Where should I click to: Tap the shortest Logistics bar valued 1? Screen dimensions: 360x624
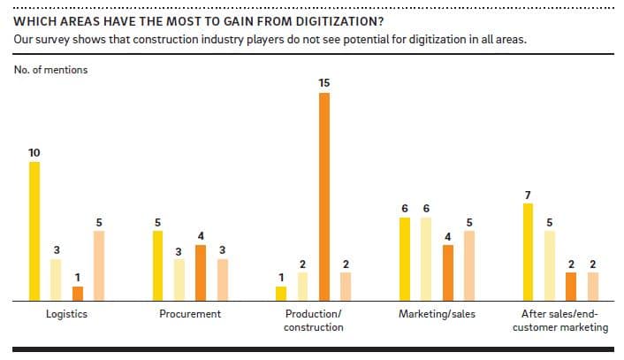[78, 294]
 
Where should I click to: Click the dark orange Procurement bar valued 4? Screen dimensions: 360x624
[201, 273]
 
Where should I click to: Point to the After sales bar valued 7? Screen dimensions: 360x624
[529, 252]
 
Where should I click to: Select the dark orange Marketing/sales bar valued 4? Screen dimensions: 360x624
[448, 273]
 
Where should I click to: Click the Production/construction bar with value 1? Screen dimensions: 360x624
[281, 294]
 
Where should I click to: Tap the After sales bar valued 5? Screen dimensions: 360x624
[550, 266]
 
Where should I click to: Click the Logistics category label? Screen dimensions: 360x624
[66, 315]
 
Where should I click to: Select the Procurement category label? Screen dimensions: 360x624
[190, 315]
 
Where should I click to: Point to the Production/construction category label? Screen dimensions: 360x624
[313, 321]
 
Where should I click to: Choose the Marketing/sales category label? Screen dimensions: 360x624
[437, 315]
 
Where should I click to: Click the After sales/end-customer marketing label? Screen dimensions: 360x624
[560, 321]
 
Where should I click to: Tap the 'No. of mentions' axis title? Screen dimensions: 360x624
[50, 70]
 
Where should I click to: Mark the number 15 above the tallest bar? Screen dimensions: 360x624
[324, 82]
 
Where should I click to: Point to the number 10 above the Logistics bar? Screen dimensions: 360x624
[34, 153]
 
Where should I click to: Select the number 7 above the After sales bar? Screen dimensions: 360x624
[529, 194]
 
